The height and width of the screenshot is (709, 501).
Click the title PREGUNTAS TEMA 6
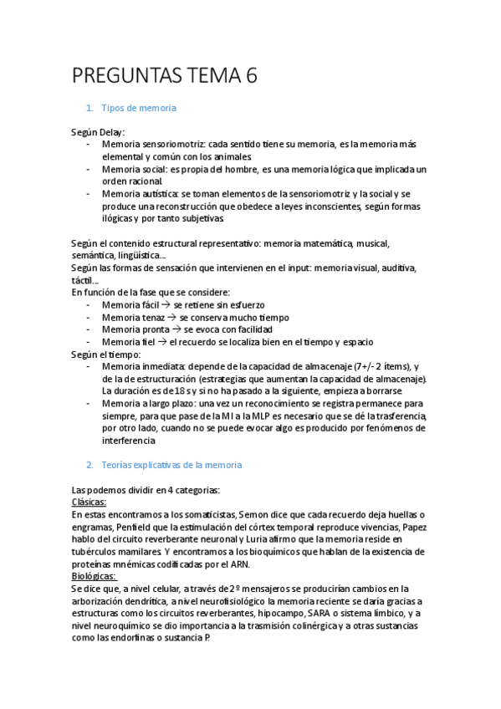[x=165, y=76]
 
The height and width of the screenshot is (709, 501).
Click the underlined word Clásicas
[x=89, y=502]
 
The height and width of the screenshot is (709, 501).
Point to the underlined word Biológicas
[x=94, y=576]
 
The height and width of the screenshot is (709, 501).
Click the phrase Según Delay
[x=97, y=132]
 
